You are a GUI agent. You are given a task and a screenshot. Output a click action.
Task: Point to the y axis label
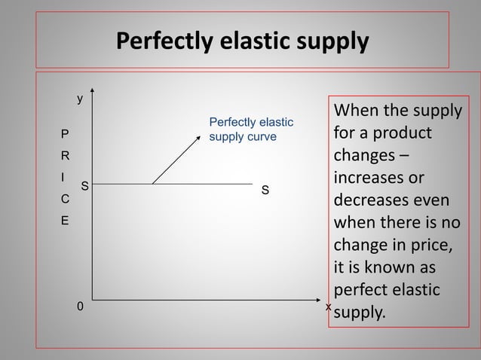[81, 99]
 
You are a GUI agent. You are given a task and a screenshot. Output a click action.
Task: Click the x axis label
[328, 307]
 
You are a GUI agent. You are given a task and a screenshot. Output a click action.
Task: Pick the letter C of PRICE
[64, 200]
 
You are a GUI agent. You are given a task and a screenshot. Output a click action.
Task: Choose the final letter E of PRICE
[64, 222]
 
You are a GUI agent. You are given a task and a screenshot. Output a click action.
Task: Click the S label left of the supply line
[84, 185]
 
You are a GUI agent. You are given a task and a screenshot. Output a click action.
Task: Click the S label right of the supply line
[265, 191]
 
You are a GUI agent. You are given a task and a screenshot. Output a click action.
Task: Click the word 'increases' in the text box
[366, 180]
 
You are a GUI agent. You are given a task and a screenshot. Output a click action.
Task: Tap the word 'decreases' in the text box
[369, 203]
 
